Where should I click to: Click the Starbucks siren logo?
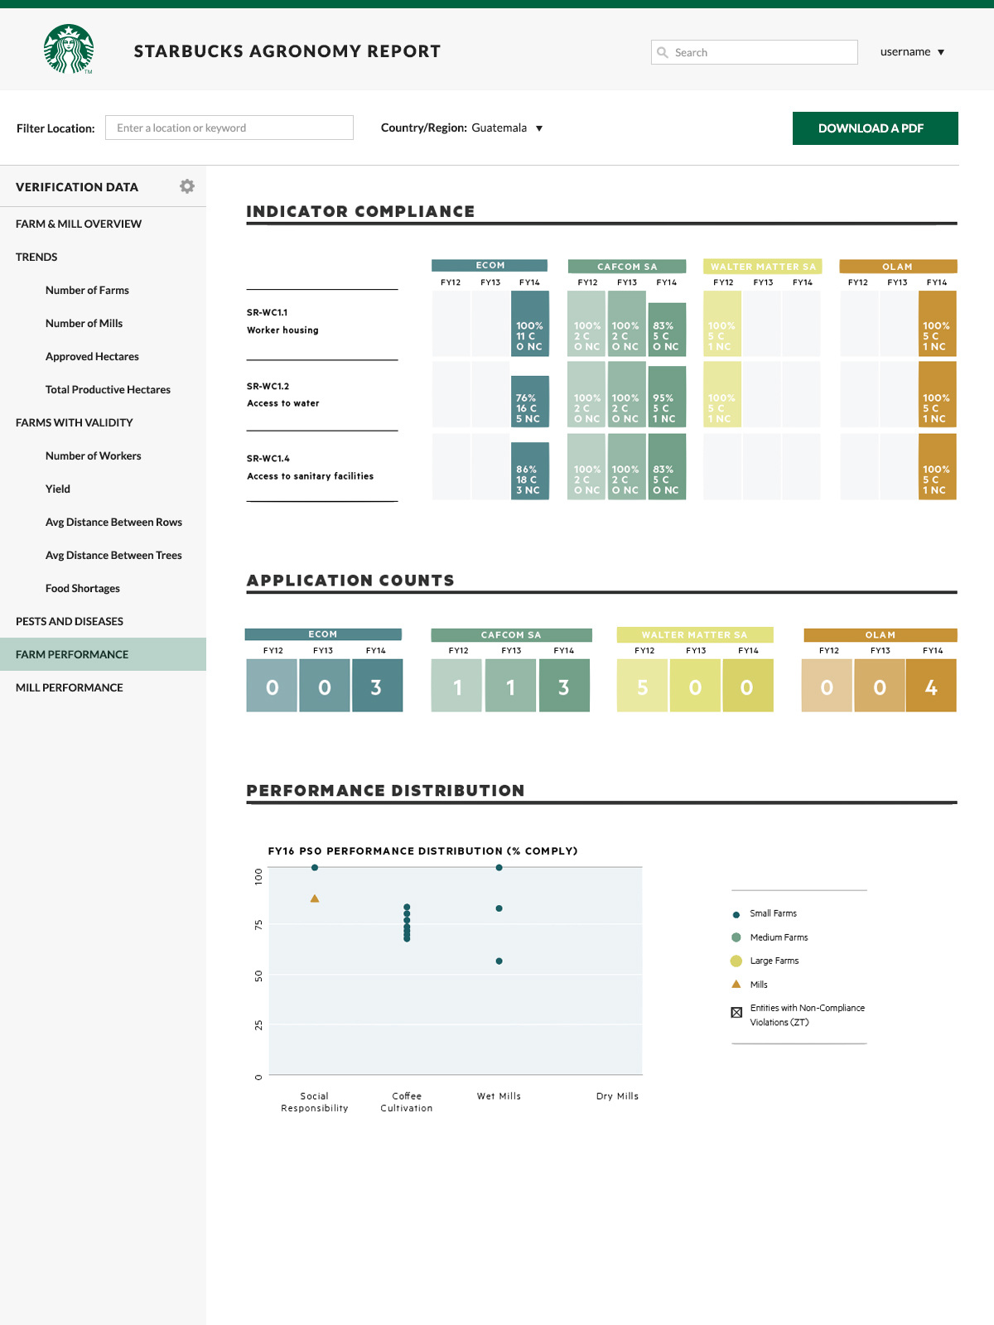[x=69, y=49]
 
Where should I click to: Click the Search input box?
[x=754, y=52]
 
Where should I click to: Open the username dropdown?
[x=912, y=52]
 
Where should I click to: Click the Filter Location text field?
[x=229, y=128]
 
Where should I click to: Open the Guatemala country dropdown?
[x=507, y=128]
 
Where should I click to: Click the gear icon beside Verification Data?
[x=187, y=186]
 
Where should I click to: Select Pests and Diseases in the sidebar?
[x=70, y=621]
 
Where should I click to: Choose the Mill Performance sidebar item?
[x=70, y=687]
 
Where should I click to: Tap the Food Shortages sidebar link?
[x=83, y=588]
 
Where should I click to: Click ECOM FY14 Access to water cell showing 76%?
[x=529, y=402]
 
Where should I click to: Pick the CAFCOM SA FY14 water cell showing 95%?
[x=666, y=397]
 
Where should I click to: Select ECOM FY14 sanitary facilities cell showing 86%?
[x=529, y=471]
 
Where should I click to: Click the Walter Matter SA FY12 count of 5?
[x=642, y=687]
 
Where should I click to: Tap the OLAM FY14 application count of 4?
[x=931, y=687]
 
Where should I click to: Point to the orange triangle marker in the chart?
[x=315, y=899]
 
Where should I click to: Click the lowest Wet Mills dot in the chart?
[x=499, y=961]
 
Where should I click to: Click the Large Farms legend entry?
[x=774, y=961]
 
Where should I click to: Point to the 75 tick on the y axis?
[x=258, y=924]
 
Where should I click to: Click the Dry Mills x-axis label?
[x=617, y=1096]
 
